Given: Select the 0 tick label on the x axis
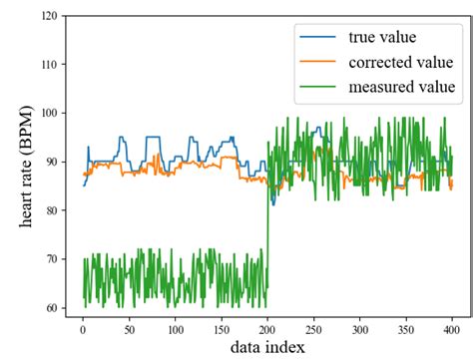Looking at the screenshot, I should (83, 325).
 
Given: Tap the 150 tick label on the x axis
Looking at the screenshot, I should (222, 325).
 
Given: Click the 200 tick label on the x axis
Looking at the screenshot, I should (267, 325).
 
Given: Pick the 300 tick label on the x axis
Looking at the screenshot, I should (359, 325).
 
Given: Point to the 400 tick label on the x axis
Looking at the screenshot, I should (451, 325).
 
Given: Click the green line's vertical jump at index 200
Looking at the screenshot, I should (268, 229).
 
